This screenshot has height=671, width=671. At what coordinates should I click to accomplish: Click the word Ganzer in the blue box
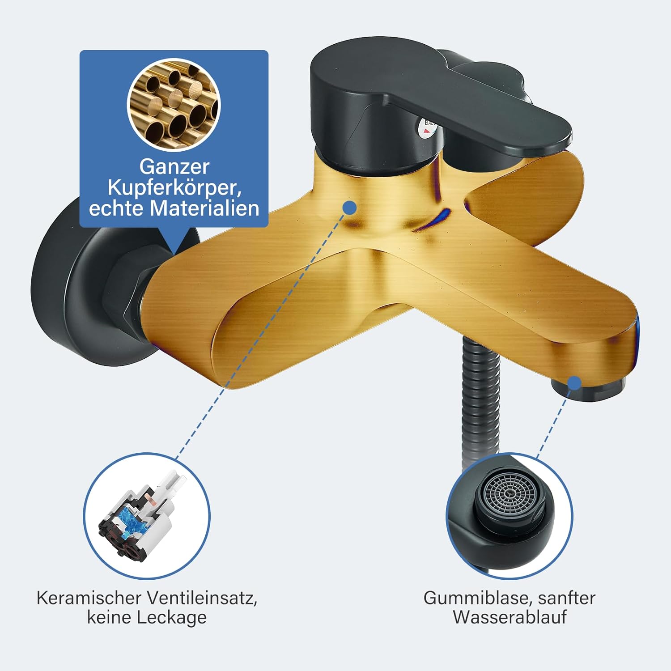click(x=174, y=167)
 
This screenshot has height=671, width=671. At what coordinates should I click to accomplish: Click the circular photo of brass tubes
click(x=174, y=104)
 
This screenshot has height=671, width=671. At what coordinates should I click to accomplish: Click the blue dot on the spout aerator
click(x=574, y=383)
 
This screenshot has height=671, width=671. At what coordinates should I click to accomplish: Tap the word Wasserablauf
click(x=510, y=617)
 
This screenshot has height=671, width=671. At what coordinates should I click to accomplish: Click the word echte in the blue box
click(x=117, y=208)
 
